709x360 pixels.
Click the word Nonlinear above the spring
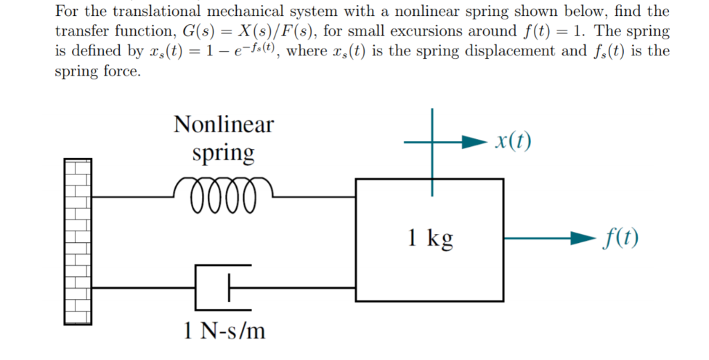pos(223,125)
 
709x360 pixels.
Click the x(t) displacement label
pos(513,141)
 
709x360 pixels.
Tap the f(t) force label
pos(620,239)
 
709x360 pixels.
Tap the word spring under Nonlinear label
pos(223,154)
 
